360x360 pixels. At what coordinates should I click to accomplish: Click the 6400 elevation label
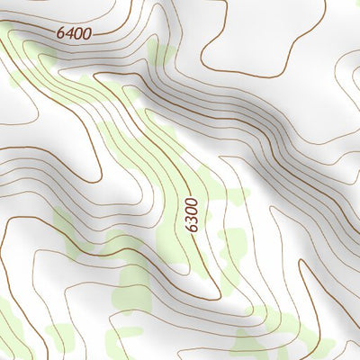[x=74, y=32]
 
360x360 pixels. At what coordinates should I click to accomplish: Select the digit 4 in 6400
[x=69, y=32]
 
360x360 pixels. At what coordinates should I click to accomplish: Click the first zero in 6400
[x=78, y=32]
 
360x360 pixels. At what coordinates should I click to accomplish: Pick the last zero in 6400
[x=86, y=32]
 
